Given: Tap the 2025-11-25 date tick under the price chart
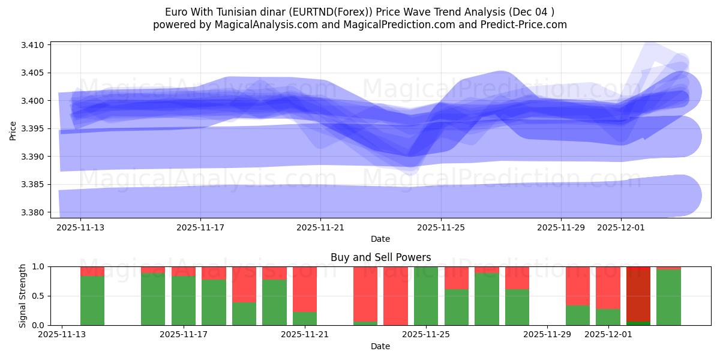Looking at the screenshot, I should [x=441, y=228].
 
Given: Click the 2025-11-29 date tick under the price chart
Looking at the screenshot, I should [x=561, y=228].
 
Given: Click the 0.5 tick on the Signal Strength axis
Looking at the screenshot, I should [x=40, y=296].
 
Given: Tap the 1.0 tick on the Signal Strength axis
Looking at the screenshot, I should [x=40, y=266].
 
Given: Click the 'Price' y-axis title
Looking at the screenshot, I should [x=13, y=130].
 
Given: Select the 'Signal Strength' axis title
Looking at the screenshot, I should [x=22, y=296].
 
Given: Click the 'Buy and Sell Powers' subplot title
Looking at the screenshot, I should [x=380, y=257].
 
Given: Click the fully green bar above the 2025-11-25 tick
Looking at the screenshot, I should [x=426, y=296].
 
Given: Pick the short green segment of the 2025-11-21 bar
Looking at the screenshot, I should [x=305, y=319].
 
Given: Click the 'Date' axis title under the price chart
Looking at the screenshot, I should [x=380, y=239].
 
